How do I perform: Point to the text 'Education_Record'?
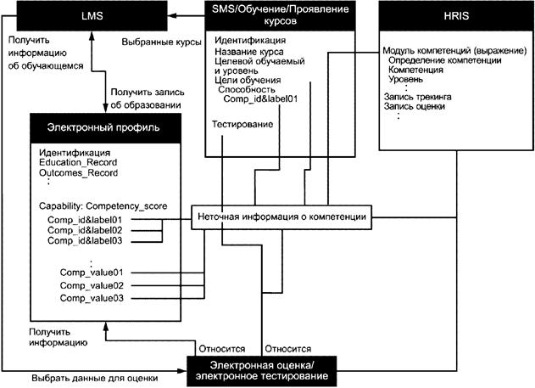click(x=77, y=162)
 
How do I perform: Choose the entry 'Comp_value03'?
click(x=92, y=299)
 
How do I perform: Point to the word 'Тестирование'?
click(x=242, y=125)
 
